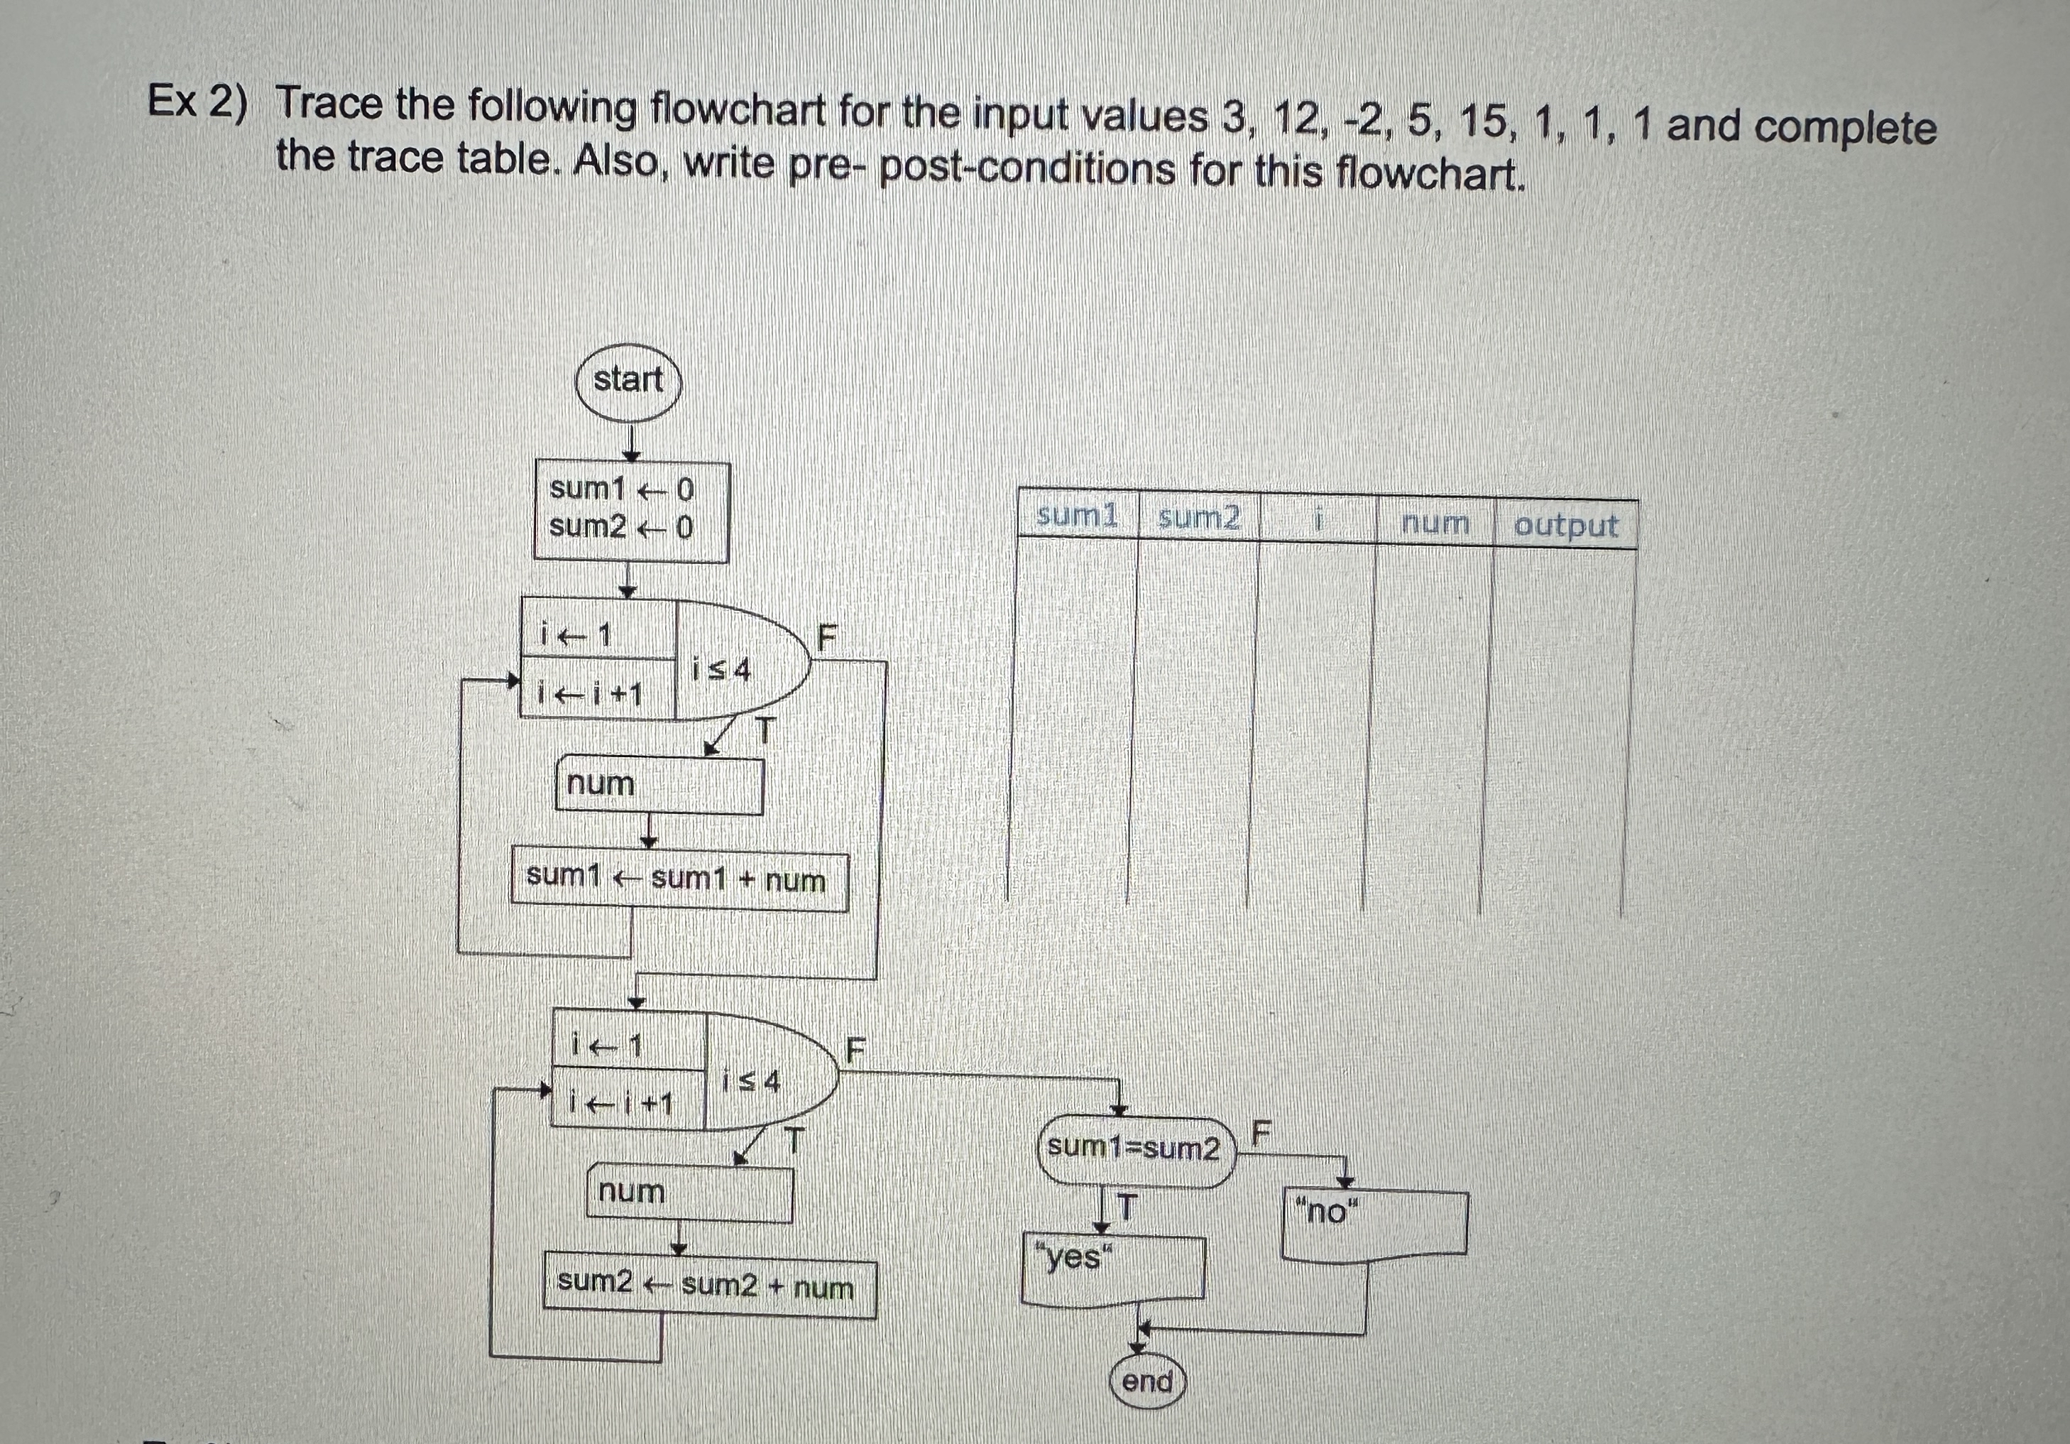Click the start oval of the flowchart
point(628,381)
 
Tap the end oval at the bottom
point(1146,1381)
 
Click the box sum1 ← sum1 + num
point(679,880)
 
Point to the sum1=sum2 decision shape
point(1134,1149)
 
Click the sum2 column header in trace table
point(1198,519)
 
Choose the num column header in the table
point(1435,523)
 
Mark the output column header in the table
point(1566,525)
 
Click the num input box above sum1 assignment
point(659,785)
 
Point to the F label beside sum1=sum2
point(1261,1131)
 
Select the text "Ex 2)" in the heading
point(197,100)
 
